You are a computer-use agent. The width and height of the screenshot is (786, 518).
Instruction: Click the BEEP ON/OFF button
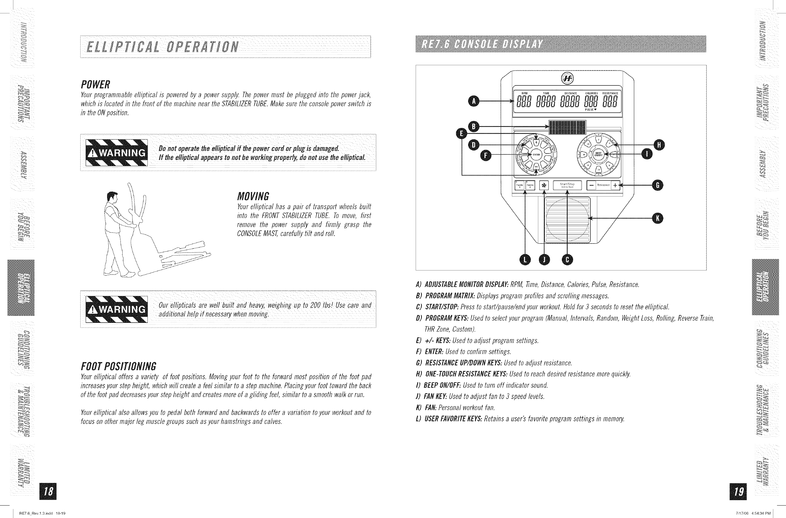click(x=599, y=154)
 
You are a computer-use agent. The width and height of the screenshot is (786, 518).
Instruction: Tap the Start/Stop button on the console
click(x=567, y=185)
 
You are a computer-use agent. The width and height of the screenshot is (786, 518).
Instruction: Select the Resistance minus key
click(x=591, y=186)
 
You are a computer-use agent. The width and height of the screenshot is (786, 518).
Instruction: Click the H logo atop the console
click(x=568, y=78)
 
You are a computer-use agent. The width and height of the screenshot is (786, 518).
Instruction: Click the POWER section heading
click(x=95, y=84)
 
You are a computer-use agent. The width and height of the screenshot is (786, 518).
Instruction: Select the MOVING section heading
click(x=253, y=197)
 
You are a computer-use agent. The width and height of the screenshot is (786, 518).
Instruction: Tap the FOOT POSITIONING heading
click(x=119, y=366)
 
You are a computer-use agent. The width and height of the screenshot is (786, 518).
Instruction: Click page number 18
click(x=48, y=492)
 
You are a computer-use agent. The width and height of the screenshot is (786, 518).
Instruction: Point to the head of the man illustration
click(x=112, y=197)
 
